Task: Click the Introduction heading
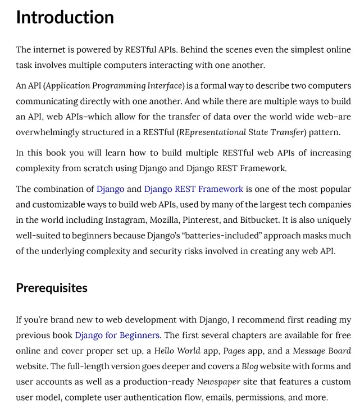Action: point(65,17)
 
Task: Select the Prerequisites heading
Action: point(52,288)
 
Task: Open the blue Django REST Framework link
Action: point(194,189)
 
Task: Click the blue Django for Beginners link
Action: point(117,336)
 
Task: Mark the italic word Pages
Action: point(234,351)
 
